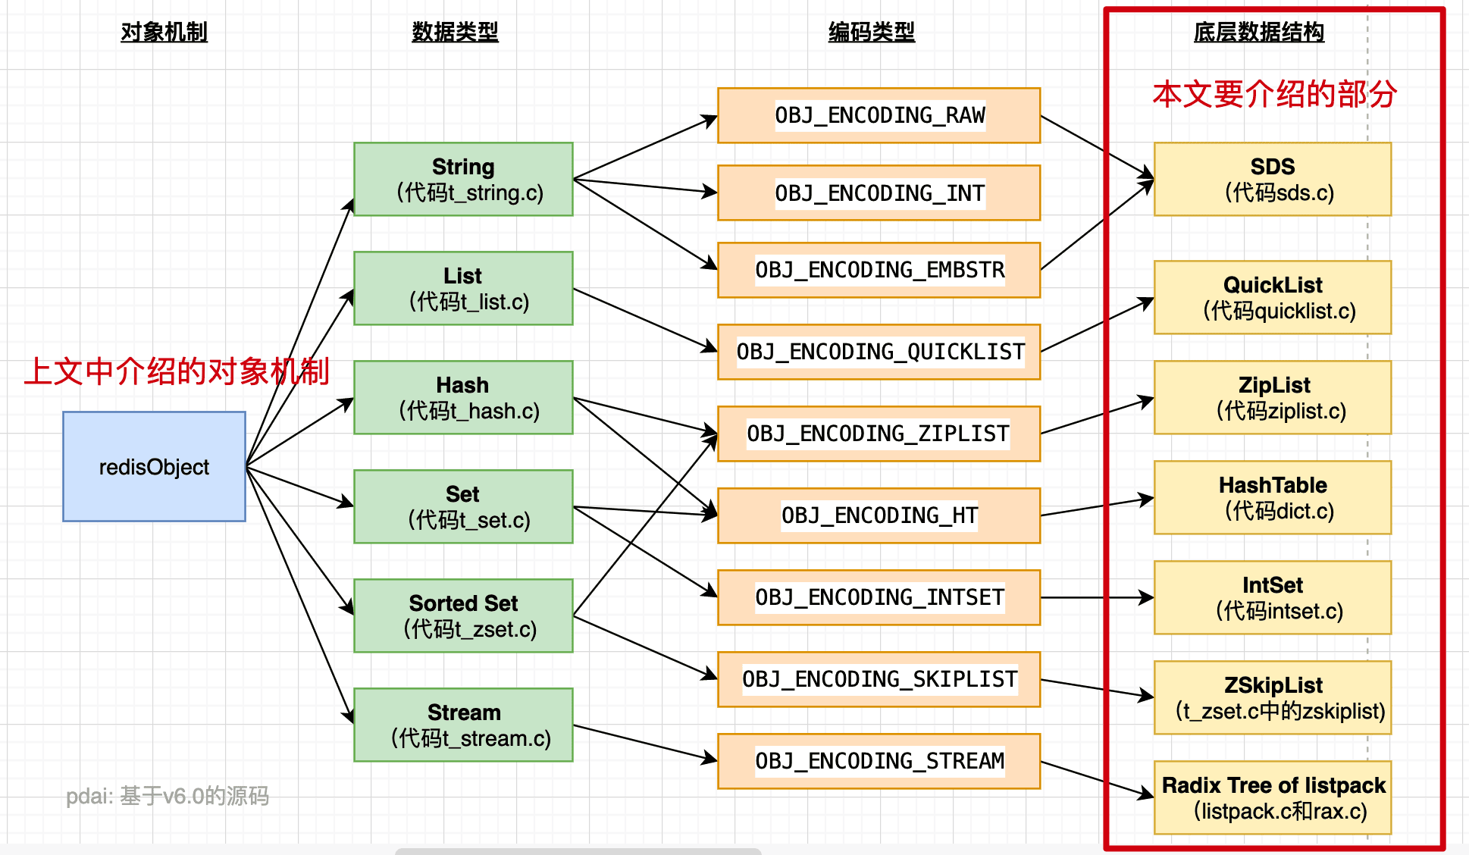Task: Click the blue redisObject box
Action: [154, 466]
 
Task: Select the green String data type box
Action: [463, 179]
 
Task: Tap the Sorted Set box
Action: [463, 615]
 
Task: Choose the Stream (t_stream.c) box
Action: [463, 725]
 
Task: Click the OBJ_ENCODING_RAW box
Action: [879, 115]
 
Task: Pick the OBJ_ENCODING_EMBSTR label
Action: [879, 270]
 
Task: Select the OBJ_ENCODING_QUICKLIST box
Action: [879, 352]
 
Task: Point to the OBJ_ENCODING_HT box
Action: [879, 515]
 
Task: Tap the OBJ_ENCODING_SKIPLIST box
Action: [879, 679]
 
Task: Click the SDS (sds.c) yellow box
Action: [1273, 179]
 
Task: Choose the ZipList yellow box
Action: [1273, 397]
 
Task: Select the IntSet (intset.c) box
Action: [1273, 597]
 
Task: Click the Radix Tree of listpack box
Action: [1273, 797]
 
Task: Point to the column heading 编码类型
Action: [872, 32]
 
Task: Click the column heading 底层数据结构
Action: [1258, 32]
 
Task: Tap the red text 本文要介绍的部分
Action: [1274, 94]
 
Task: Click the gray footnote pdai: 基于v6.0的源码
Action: [168, 796]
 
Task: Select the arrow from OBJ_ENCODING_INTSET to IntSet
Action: [1097, 597]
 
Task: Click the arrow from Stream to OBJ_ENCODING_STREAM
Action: [644, 743]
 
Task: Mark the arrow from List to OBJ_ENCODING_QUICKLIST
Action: [644, 319]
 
